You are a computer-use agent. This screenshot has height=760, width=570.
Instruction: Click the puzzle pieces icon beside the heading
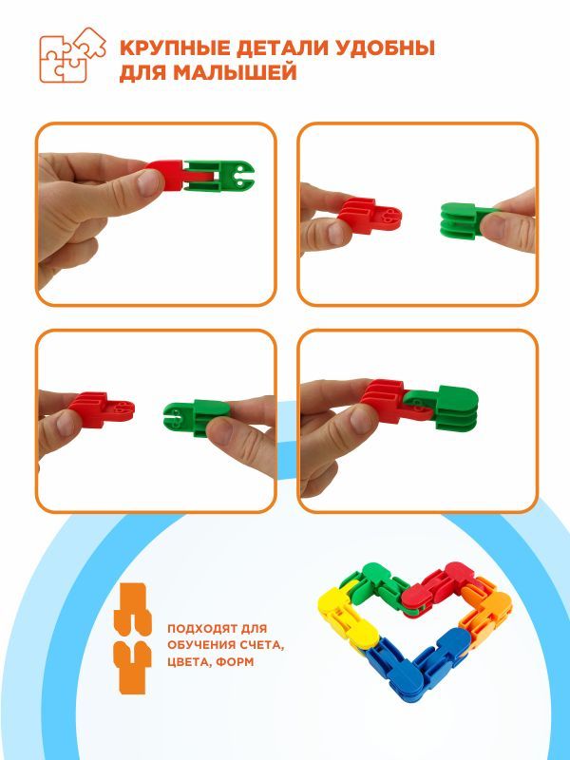click(x=72, y=55)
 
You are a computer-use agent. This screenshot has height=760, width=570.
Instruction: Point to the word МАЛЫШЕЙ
click(x=235, y=73)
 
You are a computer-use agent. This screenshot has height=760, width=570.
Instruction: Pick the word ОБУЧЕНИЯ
click(x=199, y=645)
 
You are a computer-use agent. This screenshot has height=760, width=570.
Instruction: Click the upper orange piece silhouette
click(x=132, y=609)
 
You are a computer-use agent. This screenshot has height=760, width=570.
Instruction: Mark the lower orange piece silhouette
click(x=132, y=668)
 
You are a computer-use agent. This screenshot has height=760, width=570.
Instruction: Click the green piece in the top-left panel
click(x=218, y=176)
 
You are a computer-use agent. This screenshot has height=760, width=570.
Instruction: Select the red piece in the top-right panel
click(x=370, y=216)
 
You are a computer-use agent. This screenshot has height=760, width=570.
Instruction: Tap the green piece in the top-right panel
click(x=466, y=220)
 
